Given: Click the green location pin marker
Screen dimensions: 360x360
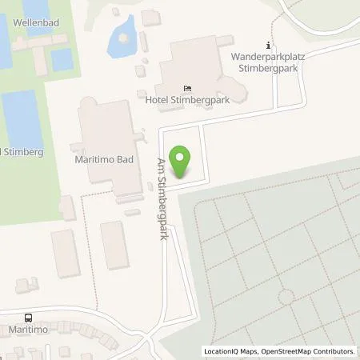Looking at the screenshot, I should (182, 162).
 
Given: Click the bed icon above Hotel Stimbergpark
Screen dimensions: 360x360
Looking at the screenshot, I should (188, 88).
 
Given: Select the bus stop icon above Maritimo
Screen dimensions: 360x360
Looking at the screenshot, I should (28, 318).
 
